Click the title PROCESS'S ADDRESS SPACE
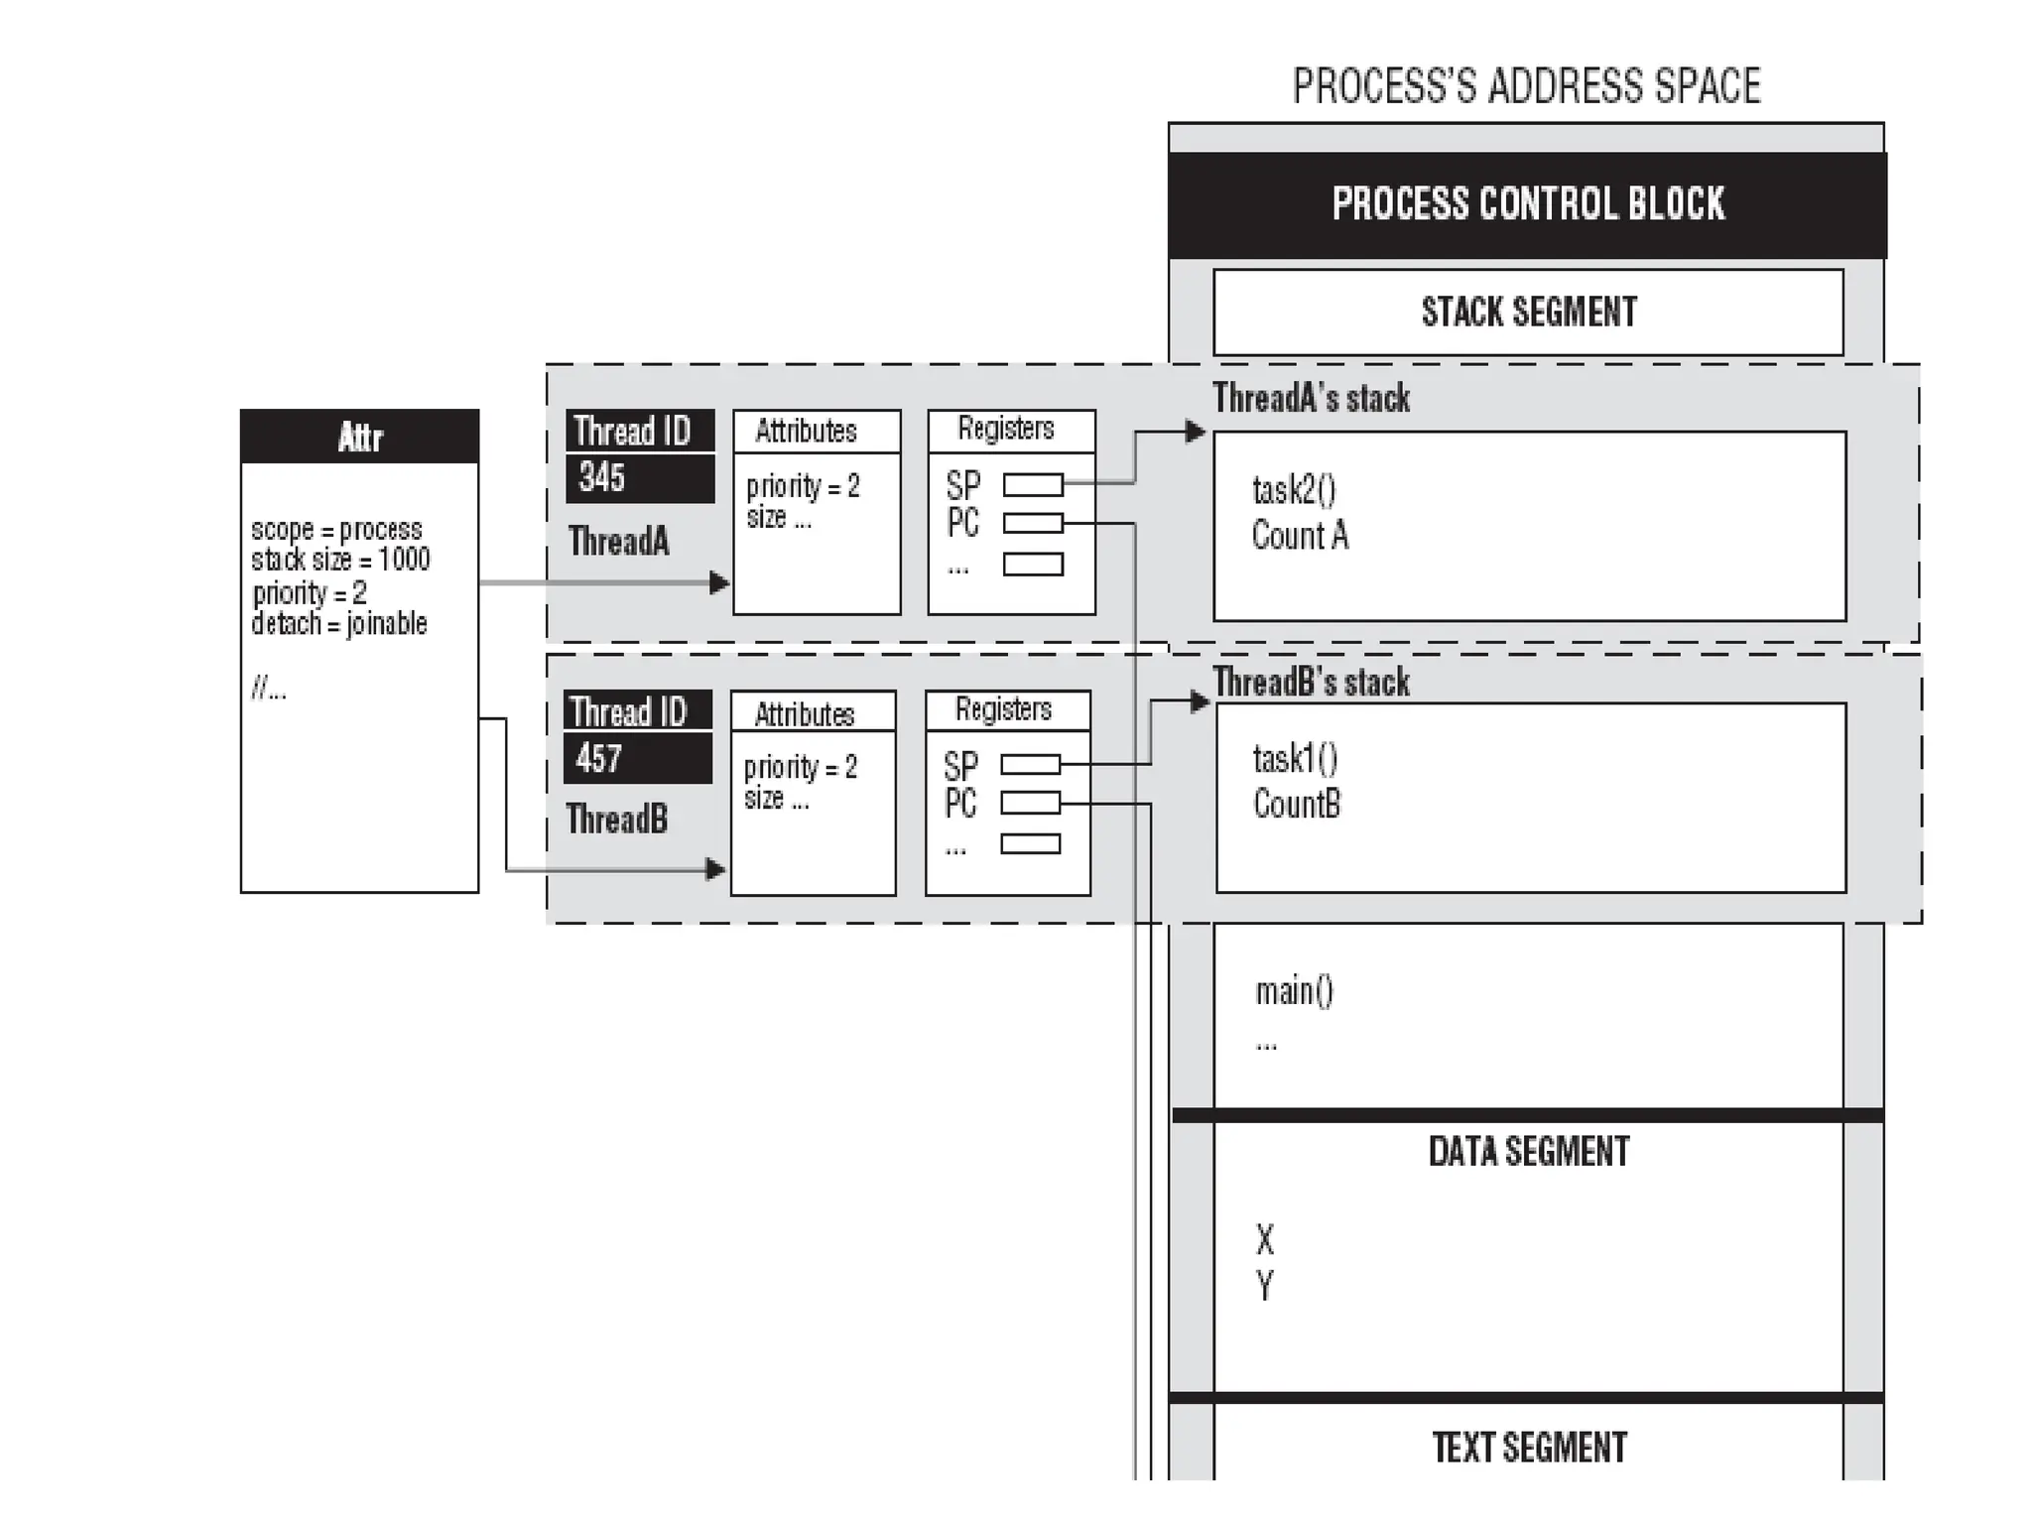tap(1525, 87)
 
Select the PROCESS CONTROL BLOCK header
tap(1527, 203)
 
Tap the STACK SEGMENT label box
tap(1528, 312)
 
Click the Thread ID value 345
tap(602, 478)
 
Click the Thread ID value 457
tap(599, 759)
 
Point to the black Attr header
tap(359, 437)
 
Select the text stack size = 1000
tap(340, 560)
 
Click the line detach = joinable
tap(339, 624)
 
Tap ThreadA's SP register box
tap(1033, 484)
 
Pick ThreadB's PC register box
tap(1030, 803)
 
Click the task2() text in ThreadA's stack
tap(1294, 490)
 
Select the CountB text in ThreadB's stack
tap(1297, 804)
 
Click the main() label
tap(1294, 991)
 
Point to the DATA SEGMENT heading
tap(1528, 1152)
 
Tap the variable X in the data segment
tap(1264, 1240)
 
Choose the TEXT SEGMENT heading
tap(1529, 1448)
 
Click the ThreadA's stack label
tap(1311, 399)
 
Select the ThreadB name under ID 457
tap(617, 820)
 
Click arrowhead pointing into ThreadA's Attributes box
tap(720, 583)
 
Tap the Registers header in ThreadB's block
tap(1003, 709)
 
